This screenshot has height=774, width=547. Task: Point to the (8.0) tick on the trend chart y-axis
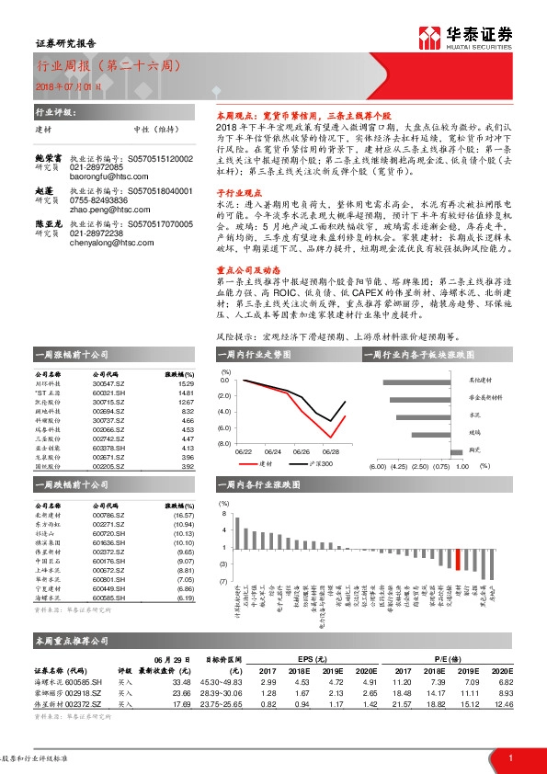point(223,443)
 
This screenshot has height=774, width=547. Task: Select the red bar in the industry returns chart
point(458,558)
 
